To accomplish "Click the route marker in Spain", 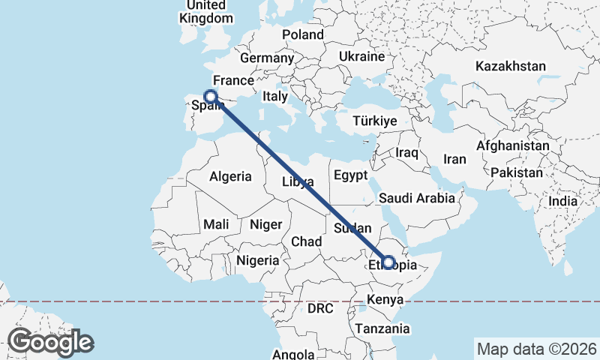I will pos(211,97).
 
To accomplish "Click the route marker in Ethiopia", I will pos(388,262).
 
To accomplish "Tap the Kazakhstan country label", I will pos(510,66).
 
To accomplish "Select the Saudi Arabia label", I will pos(417,198).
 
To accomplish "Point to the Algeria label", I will pos(230,177).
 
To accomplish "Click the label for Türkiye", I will pos(375,121).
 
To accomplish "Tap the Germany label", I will pos(266,58).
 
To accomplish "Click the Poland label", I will pos(303,34).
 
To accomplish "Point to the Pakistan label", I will pos(517,172).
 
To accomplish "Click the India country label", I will pos(562,201).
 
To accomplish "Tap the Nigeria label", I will pos(257,261).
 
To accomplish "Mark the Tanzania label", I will pos(382,328).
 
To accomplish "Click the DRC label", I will pos(319,308).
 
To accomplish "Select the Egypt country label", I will pos(351,176).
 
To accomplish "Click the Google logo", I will pos(50,342).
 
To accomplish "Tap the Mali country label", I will pos(216,224).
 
